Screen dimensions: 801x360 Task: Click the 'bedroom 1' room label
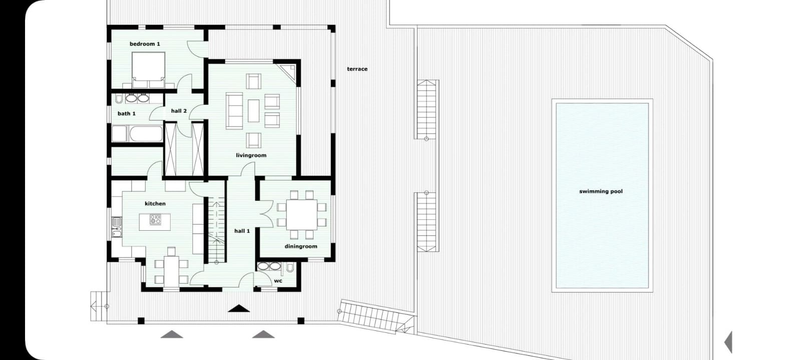click(145, 44)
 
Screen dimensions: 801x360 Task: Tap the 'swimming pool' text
click(601, 192)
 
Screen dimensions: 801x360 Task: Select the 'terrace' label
click(357, 69)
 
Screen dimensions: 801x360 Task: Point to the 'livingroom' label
click(251, 156)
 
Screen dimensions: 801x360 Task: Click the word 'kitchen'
click(155, 204)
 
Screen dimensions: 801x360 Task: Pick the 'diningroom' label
click(301, 246)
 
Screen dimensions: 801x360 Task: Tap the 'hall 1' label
click(242, 231)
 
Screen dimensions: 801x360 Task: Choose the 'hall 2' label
click(179, 111)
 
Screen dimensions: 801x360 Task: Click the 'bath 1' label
click(127, 114)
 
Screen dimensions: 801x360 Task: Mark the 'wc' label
click(278, 281)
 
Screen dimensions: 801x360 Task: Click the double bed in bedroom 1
click(148, 70)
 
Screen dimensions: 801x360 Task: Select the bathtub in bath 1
click(146, 134)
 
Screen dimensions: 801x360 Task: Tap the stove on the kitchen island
click(155, 219)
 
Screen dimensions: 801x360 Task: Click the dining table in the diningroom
click(302, 214)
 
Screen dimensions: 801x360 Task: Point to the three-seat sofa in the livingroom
click(234, 111)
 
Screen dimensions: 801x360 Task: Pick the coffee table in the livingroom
click(253, 111)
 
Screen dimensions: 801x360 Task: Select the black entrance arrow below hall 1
click(239, 308)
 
